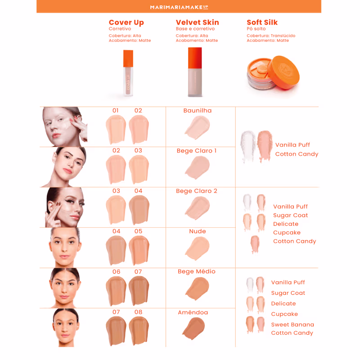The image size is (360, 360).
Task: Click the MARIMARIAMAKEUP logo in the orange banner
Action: point(179,7)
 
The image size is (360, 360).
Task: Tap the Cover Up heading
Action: point(126,22)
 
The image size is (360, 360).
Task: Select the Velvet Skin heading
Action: point(197,22)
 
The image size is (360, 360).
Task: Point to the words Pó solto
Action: point(256,29)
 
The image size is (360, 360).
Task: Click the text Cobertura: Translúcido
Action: point(271,36)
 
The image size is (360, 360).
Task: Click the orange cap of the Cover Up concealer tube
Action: point(128,58)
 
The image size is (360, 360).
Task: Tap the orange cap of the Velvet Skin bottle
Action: point(195,58)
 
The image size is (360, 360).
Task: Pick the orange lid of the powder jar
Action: point(283,72)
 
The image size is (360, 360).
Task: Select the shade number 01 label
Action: point(116,110)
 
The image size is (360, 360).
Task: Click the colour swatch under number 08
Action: point(139,331)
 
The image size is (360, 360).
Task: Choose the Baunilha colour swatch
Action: point(197,127)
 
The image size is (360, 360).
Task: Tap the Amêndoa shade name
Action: point(193,312)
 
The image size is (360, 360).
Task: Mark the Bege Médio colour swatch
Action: point(197,288)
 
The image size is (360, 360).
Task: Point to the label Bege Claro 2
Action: point(197,191)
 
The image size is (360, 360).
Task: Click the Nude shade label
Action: point(198,231)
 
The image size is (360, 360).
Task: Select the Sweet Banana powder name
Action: point(292,324)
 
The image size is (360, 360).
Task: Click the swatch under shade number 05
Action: point(139,250)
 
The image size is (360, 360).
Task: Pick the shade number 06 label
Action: point(116,272)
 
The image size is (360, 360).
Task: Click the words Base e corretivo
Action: point(195,29)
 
